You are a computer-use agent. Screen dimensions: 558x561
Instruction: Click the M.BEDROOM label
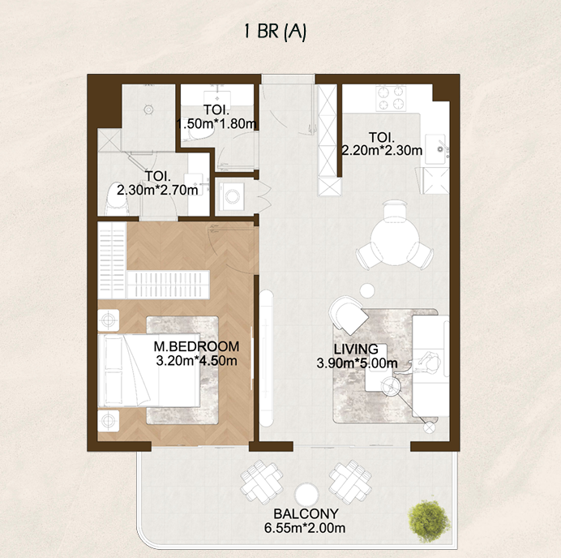coord(196,346)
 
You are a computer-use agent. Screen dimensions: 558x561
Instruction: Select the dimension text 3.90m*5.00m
coord(357,363)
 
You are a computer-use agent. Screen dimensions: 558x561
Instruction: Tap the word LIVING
coord(356,350)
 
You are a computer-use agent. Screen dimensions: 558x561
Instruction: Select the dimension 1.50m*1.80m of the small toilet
coord(216,124)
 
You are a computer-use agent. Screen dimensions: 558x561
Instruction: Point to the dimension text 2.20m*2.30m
coord(381,150)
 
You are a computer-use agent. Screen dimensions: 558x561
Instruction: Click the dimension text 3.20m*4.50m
coord(196,361)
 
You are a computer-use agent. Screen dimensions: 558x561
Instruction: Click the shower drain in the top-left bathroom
coord(148,109)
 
